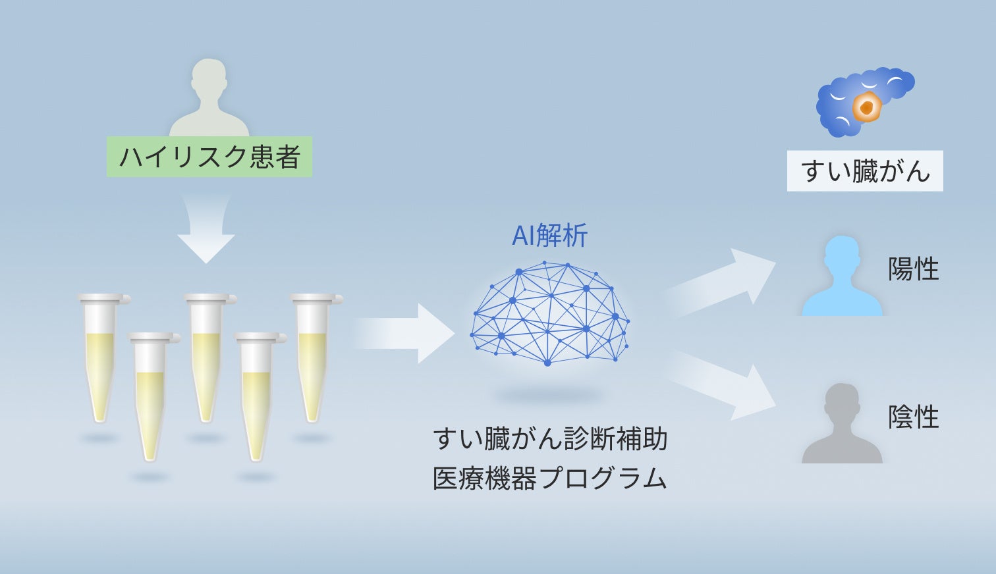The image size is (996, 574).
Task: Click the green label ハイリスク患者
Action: click(x=209, y=157)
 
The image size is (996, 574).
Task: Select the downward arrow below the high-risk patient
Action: click(x=206, y=230)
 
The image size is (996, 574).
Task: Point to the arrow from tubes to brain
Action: click(x=405, y=333)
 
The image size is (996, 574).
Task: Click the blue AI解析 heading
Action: click(x=549, y=236)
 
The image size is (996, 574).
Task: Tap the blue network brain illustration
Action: click(x=549, y=313)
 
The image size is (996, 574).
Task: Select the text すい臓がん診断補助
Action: click(x=550, y=439)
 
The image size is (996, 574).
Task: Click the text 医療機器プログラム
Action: click(x=550, y=479)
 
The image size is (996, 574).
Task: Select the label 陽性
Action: click(x=913, y=269)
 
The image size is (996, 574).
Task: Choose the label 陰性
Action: click(x=913, y=417)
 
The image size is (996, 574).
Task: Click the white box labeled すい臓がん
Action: click(x=865, y=171)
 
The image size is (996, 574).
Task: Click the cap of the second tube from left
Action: click(x=153, y=338)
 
